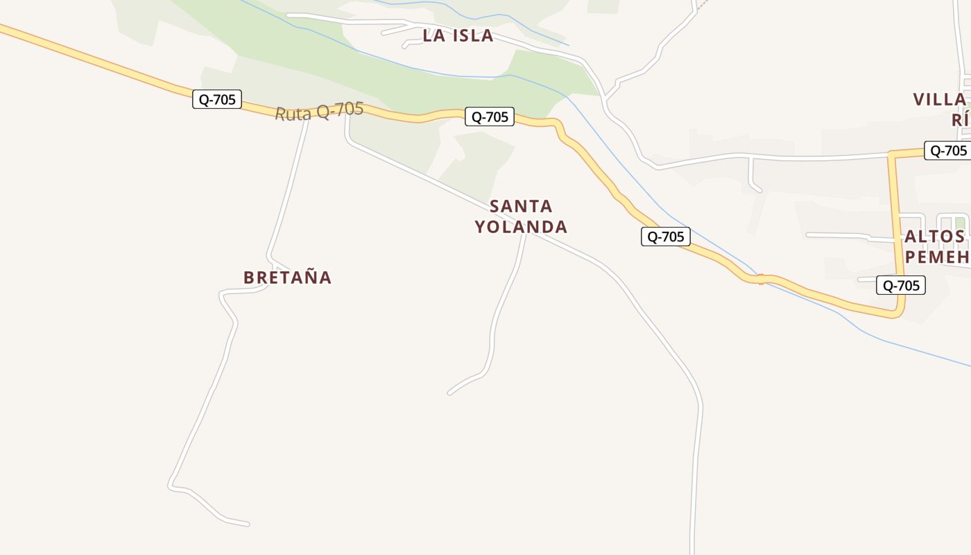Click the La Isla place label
458,35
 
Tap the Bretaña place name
287,277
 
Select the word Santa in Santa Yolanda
521,206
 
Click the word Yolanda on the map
521,227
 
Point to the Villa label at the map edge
940,99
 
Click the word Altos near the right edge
934,237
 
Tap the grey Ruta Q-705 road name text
319,111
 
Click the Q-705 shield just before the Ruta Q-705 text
217,99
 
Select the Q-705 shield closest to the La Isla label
490,117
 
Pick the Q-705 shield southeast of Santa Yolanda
665,237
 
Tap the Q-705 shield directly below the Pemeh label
900,285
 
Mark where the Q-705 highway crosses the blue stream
761,279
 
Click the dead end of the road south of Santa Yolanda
450,393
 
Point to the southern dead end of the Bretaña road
248,524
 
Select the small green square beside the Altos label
960,223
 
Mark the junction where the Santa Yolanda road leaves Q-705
347,111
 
